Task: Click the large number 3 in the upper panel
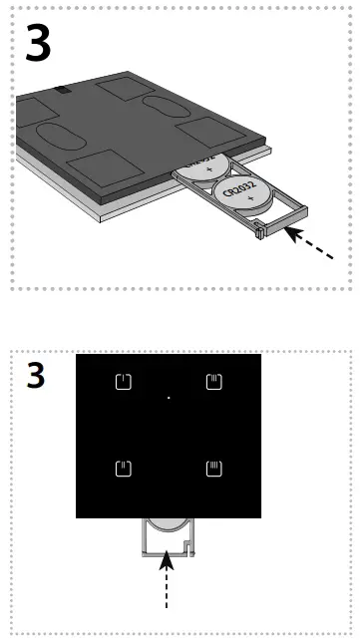[38, 44]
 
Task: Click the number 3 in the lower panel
[36, 376]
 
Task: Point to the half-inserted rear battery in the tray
[209, 163]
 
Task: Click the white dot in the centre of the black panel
[169, 398]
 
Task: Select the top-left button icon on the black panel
[124, 381]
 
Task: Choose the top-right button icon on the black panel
[212, 381]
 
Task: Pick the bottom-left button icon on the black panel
[124, 469]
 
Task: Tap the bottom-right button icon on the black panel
[212, 469]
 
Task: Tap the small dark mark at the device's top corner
[64, 90]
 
